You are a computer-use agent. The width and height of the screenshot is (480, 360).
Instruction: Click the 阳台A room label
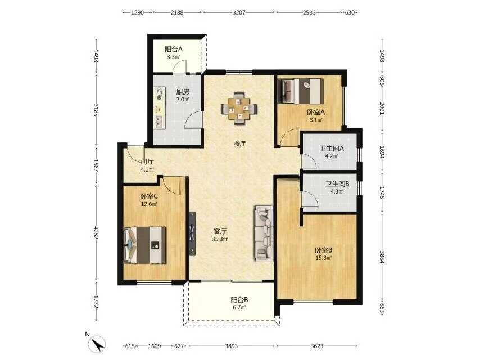(x=174, y=49)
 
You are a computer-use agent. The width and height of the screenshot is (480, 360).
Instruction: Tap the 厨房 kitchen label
(x=183, y=92)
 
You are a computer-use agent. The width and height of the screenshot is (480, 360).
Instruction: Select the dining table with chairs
(x=239, y=108)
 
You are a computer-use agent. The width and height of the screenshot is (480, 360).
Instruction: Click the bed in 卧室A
(x=300, y=91)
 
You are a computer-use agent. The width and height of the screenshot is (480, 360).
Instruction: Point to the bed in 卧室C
(x=145, y=245)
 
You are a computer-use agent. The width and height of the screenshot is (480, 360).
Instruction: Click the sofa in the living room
(x=263, y=233)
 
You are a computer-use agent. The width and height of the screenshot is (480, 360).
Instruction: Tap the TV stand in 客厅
(x=192, y=233)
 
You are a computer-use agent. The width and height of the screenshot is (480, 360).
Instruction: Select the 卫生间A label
(x=332, y=148)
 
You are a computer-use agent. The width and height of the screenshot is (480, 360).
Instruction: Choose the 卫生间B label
(x=337, y=184)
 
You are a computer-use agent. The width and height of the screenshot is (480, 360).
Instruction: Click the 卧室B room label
(x=324, y=250)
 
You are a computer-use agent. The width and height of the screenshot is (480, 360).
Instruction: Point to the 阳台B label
(x=239, y=300)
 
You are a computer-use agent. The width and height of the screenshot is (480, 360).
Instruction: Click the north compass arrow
(x=98, y=344)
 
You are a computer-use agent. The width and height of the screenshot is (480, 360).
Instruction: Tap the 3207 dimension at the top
(x=239, y=12)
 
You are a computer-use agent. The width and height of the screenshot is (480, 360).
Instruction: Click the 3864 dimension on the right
(x=382, y=258)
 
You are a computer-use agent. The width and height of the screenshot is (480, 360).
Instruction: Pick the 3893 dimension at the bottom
(x=232, y=346)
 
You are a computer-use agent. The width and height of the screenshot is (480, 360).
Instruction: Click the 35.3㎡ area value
(x=220, y=238)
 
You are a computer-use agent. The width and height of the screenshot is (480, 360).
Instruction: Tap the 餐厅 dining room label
(x=239, y=143)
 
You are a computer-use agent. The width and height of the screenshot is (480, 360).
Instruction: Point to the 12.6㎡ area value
(x=149, y=204)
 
